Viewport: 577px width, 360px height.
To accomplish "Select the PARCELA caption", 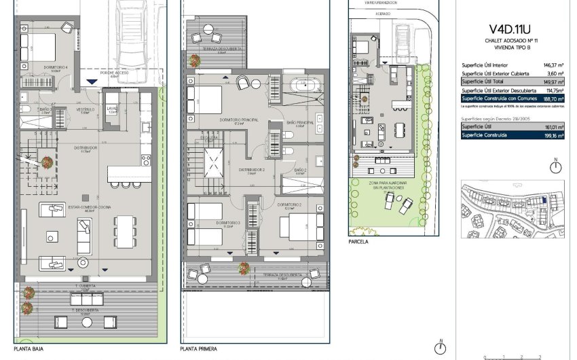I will [358, 240].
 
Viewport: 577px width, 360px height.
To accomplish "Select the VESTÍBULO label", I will [86, 109].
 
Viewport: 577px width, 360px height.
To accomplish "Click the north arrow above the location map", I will [555, 166].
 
